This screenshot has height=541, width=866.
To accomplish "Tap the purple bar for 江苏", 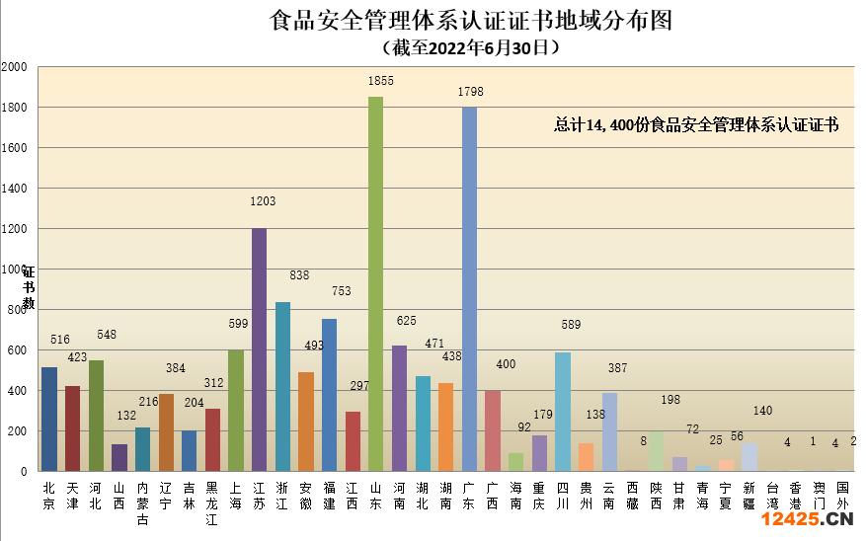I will point(259,349).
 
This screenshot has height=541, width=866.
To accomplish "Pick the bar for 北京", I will point(48,419).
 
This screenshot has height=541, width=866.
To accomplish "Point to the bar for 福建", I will point(329,395).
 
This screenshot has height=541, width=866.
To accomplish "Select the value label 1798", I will point(471,92).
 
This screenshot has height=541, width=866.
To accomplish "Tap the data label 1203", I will point(263,201).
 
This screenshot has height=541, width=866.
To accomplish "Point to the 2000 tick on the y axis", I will point(15,67).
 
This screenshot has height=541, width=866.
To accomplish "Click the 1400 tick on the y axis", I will point(15,189).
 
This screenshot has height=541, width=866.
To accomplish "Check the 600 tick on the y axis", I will point(15,350).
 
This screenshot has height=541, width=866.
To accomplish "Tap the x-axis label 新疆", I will point(749,495).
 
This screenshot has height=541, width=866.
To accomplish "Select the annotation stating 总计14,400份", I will point(696,125).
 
